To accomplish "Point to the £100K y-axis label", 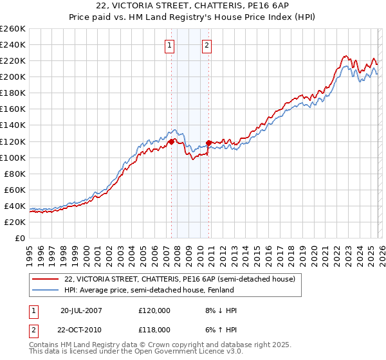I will pyautogui.click(x=13, y=157).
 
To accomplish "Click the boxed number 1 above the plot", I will pyautogui.click(x=170, y=45).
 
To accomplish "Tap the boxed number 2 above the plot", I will pyautogui.click(x=207, y=45).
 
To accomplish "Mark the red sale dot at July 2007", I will pyautogui.click(x=171, y=141).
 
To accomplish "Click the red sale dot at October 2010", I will pyautogui.click(x=208, y=143).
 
